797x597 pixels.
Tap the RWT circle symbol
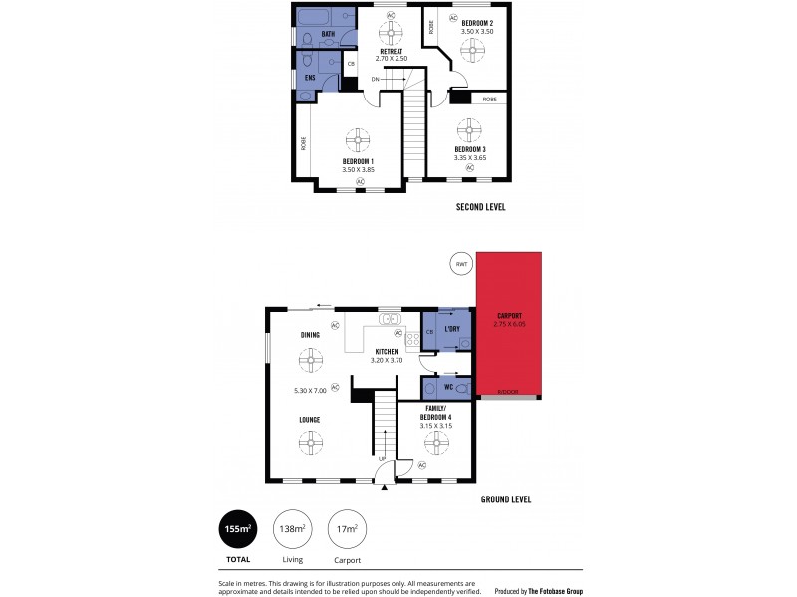tap(460, 264)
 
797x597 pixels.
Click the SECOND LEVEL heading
tap(481, 207)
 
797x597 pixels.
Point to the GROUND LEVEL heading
tap(505, 498)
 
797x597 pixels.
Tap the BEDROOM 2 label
tap(477, 22)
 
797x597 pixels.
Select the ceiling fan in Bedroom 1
tap(358, 139)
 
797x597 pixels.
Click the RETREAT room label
tap(391, 50)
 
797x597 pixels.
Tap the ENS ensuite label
tap(310, 77)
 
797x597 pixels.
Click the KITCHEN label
tap(387, 352)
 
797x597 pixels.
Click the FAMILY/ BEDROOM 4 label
tap(435, 412)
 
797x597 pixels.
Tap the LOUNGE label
tap(309, 420)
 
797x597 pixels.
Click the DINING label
tap(309, 335)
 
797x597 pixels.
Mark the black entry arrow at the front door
tap(385, 487)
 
